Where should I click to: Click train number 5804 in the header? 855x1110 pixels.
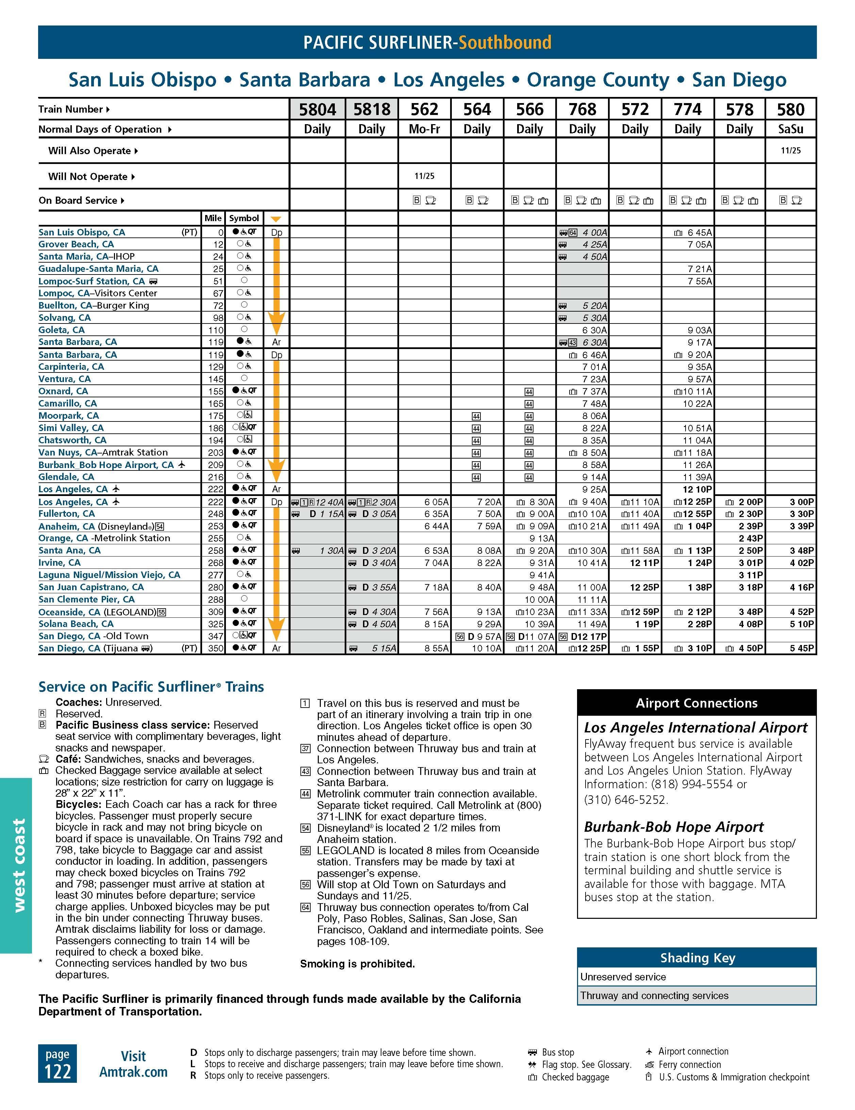317,109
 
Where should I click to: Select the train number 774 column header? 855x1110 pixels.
687,109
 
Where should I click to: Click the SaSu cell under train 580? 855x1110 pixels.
790,129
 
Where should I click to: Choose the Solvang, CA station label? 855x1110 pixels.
65,318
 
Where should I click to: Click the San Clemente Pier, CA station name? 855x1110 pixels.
86,599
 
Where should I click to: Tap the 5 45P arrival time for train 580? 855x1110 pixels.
802,648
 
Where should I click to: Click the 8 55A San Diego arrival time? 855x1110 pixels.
436,648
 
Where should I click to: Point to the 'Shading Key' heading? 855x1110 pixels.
697,958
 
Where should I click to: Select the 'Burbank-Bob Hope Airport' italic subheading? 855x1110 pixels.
674,827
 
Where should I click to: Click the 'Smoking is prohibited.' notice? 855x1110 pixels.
357,964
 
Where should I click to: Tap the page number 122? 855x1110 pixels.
57,1071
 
